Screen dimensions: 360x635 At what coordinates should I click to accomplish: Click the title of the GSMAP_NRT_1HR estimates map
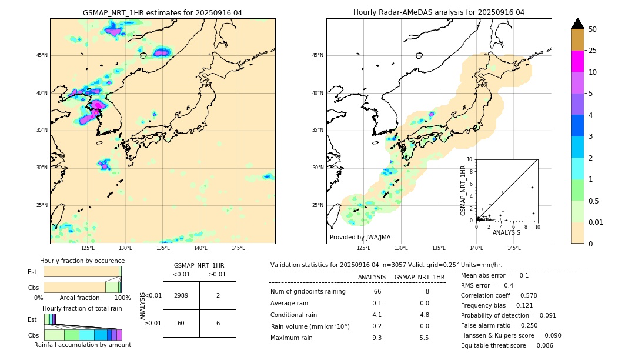click(162, 12)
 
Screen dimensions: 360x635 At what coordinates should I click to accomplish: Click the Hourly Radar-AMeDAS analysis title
click(439, 12)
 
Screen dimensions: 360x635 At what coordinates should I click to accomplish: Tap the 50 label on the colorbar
click(593, 29)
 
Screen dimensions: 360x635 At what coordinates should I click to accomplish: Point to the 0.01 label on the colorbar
click(596, 222)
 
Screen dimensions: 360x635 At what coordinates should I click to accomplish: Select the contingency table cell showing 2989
click(181, 295)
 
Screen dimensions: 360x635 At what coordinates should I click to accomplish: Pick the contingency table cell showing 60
click(181, 323)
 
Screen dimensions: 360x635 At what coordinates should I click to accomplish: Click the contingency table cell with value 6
click(218, 323)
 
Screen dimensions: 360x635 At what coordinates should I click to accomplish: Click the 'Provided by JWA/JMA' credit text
click(360, 238)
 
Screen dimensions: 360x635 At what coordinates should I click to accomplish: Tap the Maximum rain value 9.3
click(377, 338)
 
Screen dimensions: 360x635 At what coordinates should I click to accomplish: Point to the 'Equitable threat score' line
click(507, 345)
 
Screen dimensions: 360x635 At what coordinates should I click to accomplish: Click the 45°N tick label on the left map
click(42, 55)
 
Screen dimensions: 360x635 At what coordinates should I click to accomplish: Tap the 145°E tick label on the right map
click(514, 248)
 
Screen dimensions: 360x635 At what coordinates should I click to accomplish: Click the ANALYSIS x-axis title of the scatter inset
click(506, 232)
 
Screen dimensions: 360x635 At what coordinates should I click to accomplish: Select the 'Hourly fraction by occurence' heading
click(82, 261)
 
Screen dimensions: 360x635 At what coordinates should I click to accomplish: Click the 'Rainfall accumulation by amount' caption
click(82, 345)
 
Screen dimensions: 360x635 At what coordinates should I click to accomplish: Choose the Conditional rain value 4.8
click(424, 314)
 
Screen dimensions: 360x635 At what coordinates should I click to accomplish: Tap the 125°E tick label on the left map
click(88, 248)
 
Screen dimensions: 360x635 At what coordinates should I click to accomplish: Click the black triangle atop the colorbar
click(578, 24)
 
